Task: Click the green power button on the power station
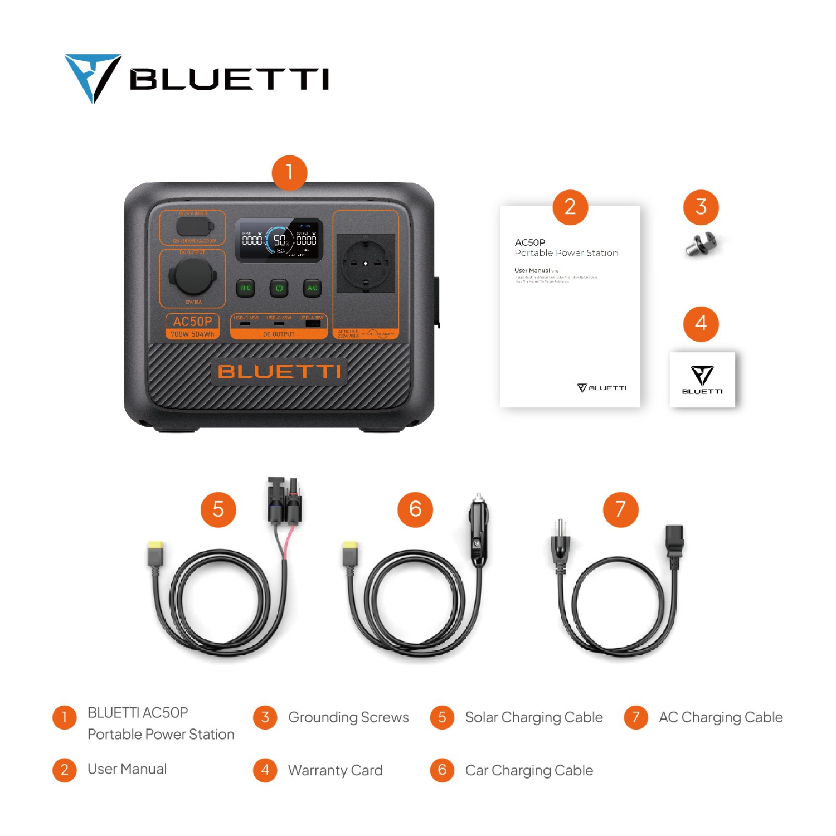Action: [279, 288]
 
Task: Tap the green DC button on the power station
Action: [246, 288]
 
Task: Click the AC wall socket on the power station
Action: [366, 263]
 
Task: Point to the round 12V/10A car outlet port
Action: [192, 276]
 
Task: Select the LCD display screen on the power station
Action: [279, 240]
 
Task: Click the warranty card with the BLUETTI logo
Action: [702, 380]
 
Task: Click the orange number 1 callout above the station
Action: [289, 173]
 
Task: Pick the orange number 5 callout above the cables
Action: [218, 509]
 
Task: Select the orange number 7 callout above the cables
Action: [620, 509]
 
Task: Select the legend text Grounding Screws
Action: [348, 717]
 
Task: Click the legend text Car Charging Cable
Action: [529, 770]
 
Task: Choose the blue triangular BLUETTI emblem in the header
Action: [93, 77]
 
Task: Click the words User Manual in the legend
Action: [127, 769]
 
